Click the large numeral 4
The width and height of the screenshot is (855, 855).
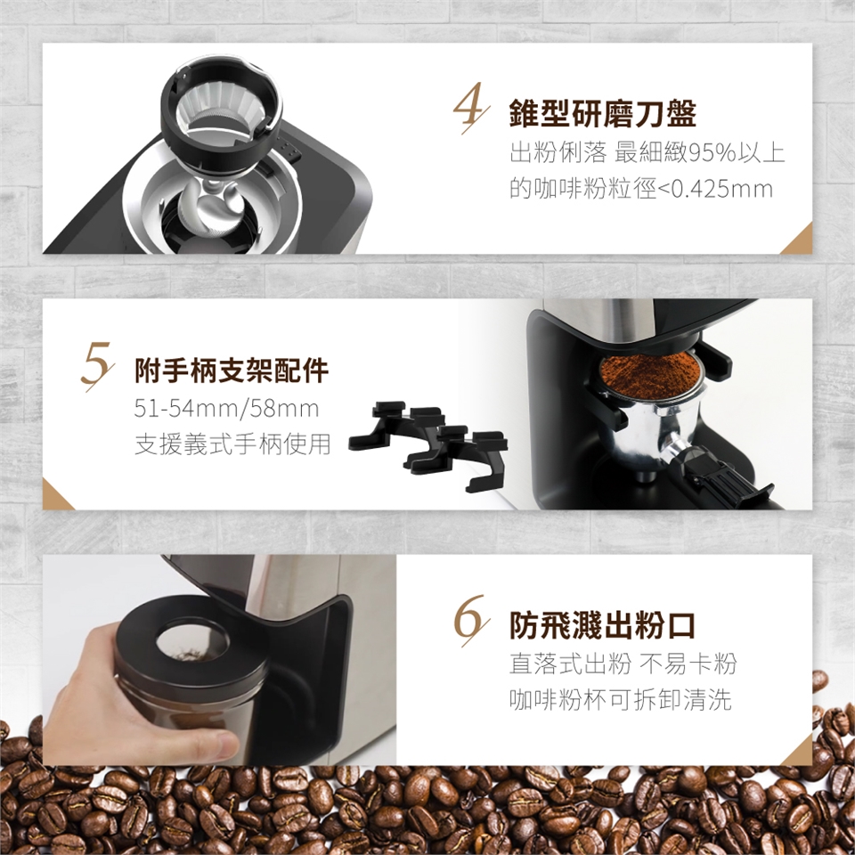[x=470, y=108]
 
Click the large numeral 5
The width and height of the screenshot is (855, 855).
[x=97, y=366]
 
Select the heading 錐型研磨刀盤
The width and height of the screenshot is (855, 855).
[x=603, y=113]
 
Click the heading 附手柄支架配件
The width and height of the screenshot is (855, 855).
[x=232, y=370]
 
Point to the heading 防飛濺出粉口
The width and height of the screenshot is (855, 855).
[x=602, y=625]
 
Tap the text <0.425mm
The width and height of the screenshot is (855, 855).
[x=715, y=189]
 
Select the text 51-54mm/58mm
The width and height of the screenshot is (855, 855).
[x=226, y=409]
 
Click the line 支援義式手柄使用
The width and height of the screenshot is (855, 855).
[x=232, y=444]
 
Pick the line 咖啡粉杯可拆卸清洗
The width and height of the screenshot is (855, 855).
[x=620, y=700]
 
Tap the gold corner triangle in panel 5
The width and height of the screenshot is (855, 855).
[x=55, y=497]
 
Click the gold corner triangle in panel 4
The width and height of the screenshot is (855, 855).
[x=800, y=242]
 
